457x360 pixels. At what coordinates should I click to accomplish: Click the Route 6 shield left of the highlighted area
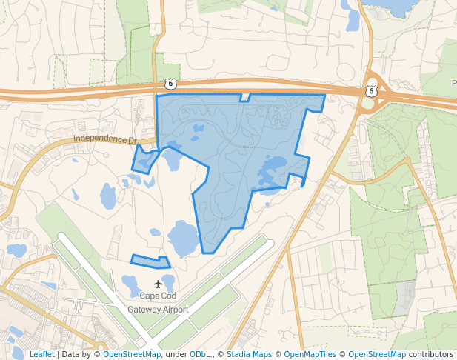pyautogui.click(x=170, y=84)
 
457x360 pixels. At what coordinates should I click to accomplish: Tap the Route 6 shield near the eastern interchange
pyautogui.click(x=371, y=90)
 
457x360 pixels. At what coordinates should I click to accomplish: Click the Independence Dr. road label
pyautogui.click(x=106, y=139)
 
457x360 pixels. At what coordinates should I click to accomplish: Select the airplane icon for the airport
pyautogui.click(x=158, y=284)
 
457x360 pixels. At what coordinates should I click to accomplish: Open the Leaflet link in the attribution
pyautogui.click(x=41, y=355)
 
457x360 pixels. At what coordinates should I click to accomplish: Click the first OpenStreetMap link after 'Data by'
pyautogui.click(x=131, y=355)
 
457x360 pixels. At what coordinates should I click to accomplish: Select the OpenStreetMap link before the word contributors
pyautogui.click(x=376, y=355)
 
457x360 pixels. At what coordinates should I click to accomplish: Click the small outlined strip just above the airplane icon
pyautogui.click(x=150, y=261)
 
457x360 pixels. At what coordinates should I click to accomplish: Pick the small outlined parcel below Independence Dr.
pyautogui.click(x=144, y=160)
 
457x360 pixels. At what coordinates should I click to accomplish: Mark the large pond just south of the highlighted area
pyautogui.click(x=183, y=238)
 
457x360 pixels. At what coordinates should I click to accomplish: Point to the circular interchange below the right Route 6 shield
pyautogui.click(x=367, y=103)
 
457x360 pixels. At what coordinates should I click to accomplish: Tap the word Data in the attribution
pyautogui.click(x=72, y=355)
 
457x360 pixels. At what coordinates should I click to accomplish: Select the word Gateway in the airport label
pyautogui.click(x=146, y=310)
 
